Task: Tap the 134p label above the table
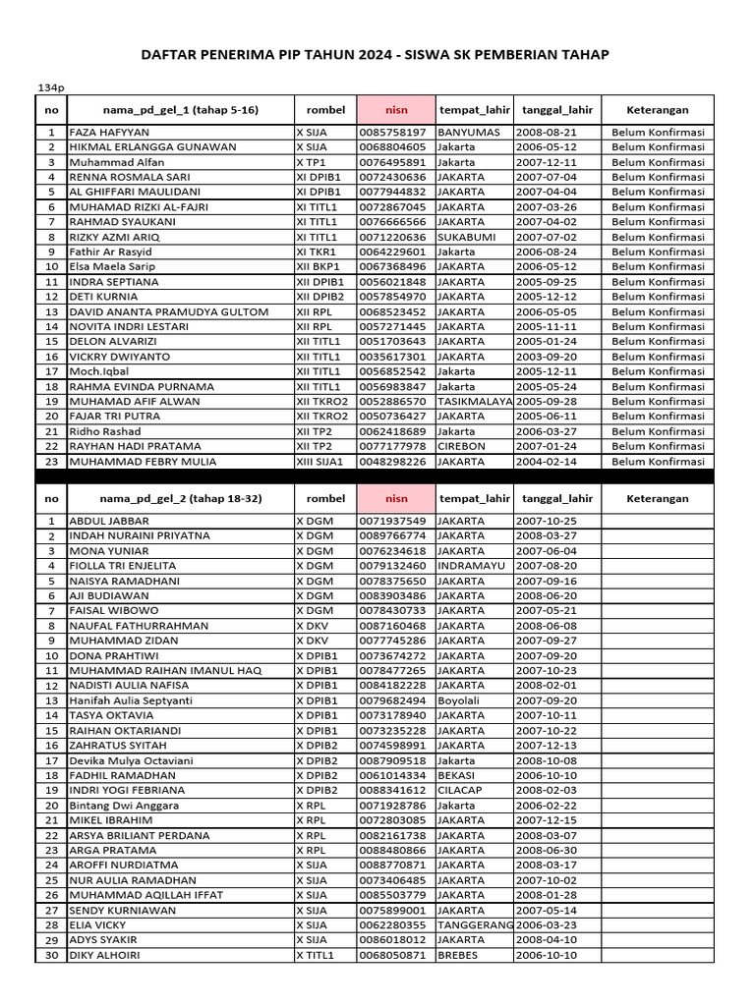point(50,86)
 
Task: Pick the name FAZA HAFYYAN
point(109,132)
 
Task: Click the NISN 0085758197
point(393,132)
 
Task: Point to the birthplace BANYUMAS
point(470,132)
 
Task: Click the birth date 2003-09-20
point(547,357)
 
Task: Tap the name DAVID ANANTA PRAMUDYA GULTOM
point(168,311)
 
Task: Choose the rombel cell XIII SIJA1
point(324,461)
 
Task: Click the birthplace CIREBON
point(464,446)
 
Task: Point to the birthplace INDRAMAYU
point(474,566)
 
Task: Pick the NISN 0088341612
point(393,790)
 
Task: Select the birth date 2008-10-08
point(547,760)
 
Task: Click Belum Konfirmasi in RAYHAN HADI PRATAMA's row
point(658,446)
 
